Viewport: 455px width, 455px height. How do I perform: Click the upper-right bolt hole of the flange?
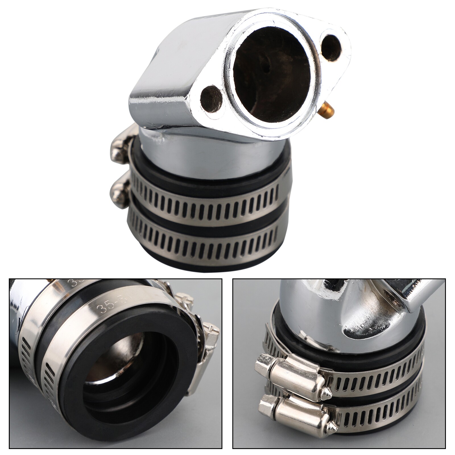coord(332,47)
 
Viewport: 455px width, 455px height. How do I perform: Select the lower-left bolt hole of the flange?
coord(211,98)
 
